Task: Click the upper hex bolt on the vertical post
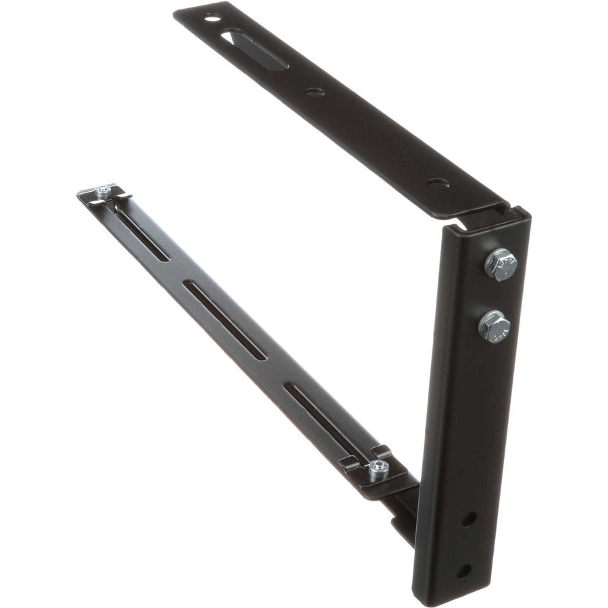[x=501, y=263]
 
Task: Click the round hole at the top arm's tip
[x=212, y=18]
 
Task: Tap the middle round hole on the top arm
[x=314, y=91]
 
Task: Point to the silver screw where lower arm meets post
[x=379, y=466]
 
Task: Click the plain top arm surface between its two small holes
[x=375, y=135]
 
